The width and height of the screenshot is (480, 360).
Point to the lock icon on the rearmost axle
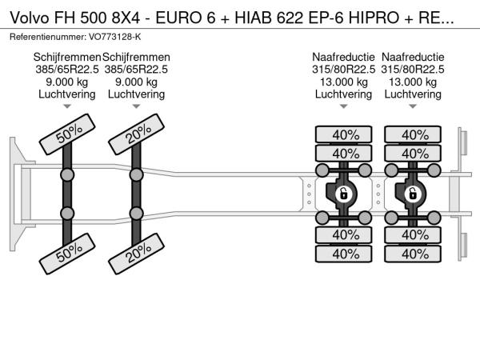tap(413, 194)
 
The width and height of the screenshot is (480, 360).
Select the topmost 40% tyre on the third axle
tap(345, 134)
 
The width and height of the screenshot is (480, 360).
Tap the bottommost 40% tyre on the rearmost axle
tap(414, 254)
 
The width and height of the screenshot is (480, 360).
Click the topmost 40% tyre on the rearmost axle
tap(414, 134)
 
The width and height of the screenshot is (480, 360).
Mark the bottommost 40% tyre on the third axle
tap(345, 254)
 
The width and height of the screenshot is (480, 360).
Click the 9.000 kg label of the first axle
tap(67, 82)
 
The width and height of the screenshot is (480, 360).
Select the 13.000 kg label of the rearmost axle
tap(413, 82)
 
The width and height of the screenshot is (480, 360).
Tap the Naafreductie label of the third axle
tap(344, 58)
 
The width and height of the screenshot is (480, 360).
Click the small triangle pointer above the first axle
tap(67, 106)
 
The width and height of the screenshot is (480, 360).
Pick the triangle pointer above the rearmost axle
tap(413, 106)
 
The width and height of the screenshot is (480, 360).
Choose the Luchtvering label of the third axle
tap(344, 94)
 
